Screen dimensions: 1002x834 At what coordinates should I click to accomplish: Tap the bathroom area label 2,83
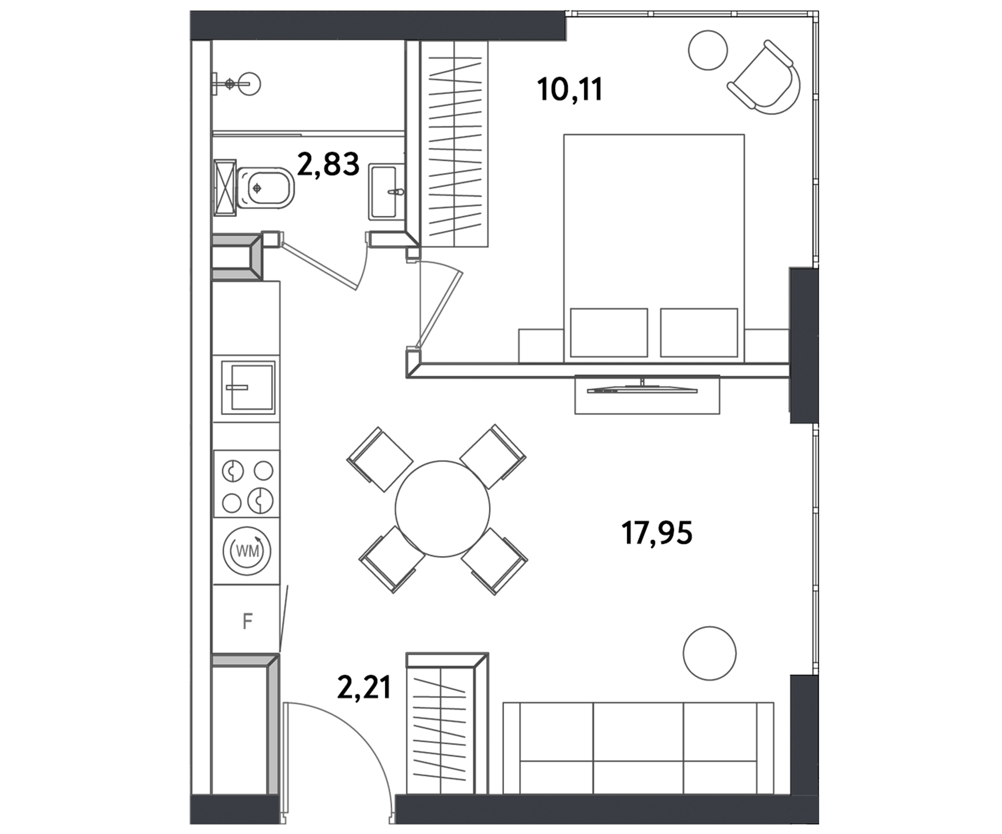[x=329, y=164]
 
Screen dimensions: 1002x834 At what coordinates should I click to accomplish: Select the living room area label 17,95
[x=657, y=532]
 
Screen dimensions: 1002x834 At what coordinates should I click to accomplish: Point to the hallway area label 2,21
[x=364, y=687]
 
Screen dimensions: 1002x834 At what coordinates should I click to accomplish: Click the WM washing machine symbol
[x=247, y=551]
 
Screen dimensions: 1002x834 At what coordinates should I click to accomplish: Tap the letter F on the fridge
[x=247, y=621]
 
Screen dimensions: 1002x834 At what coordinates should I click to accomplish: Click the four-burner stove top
[x=247, y=484]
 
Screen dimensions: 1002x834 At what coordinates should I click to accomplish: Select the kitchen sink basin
[x=248, y=387]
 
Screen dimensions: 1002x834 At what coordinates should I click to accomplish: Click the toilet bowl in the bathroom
[x=266, y=188]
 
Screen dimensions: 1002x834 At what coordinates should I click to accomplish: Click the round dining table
[x=442, y=509]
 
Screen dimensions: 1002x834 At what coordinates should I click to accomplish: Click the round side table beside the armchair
[x=707, y=50]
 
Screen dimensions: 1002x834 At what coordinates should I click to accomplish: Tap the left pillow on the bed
[x=609, y=333]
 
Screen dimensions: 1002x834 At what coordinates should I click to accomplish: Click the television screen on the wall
[x=642, y=389]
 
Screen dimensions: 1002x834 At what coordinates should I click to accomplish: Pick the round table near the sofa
[x=709, y=654]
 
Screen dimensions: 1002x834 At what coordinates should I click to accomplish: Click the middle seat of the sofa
[x=638, y=748]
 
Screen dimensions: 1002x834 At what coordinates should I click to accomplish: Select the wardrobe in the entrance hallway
[x=447, y=723]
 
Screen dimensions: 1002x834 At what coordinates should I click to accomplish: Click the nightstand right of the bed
[x=767, y=346]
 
